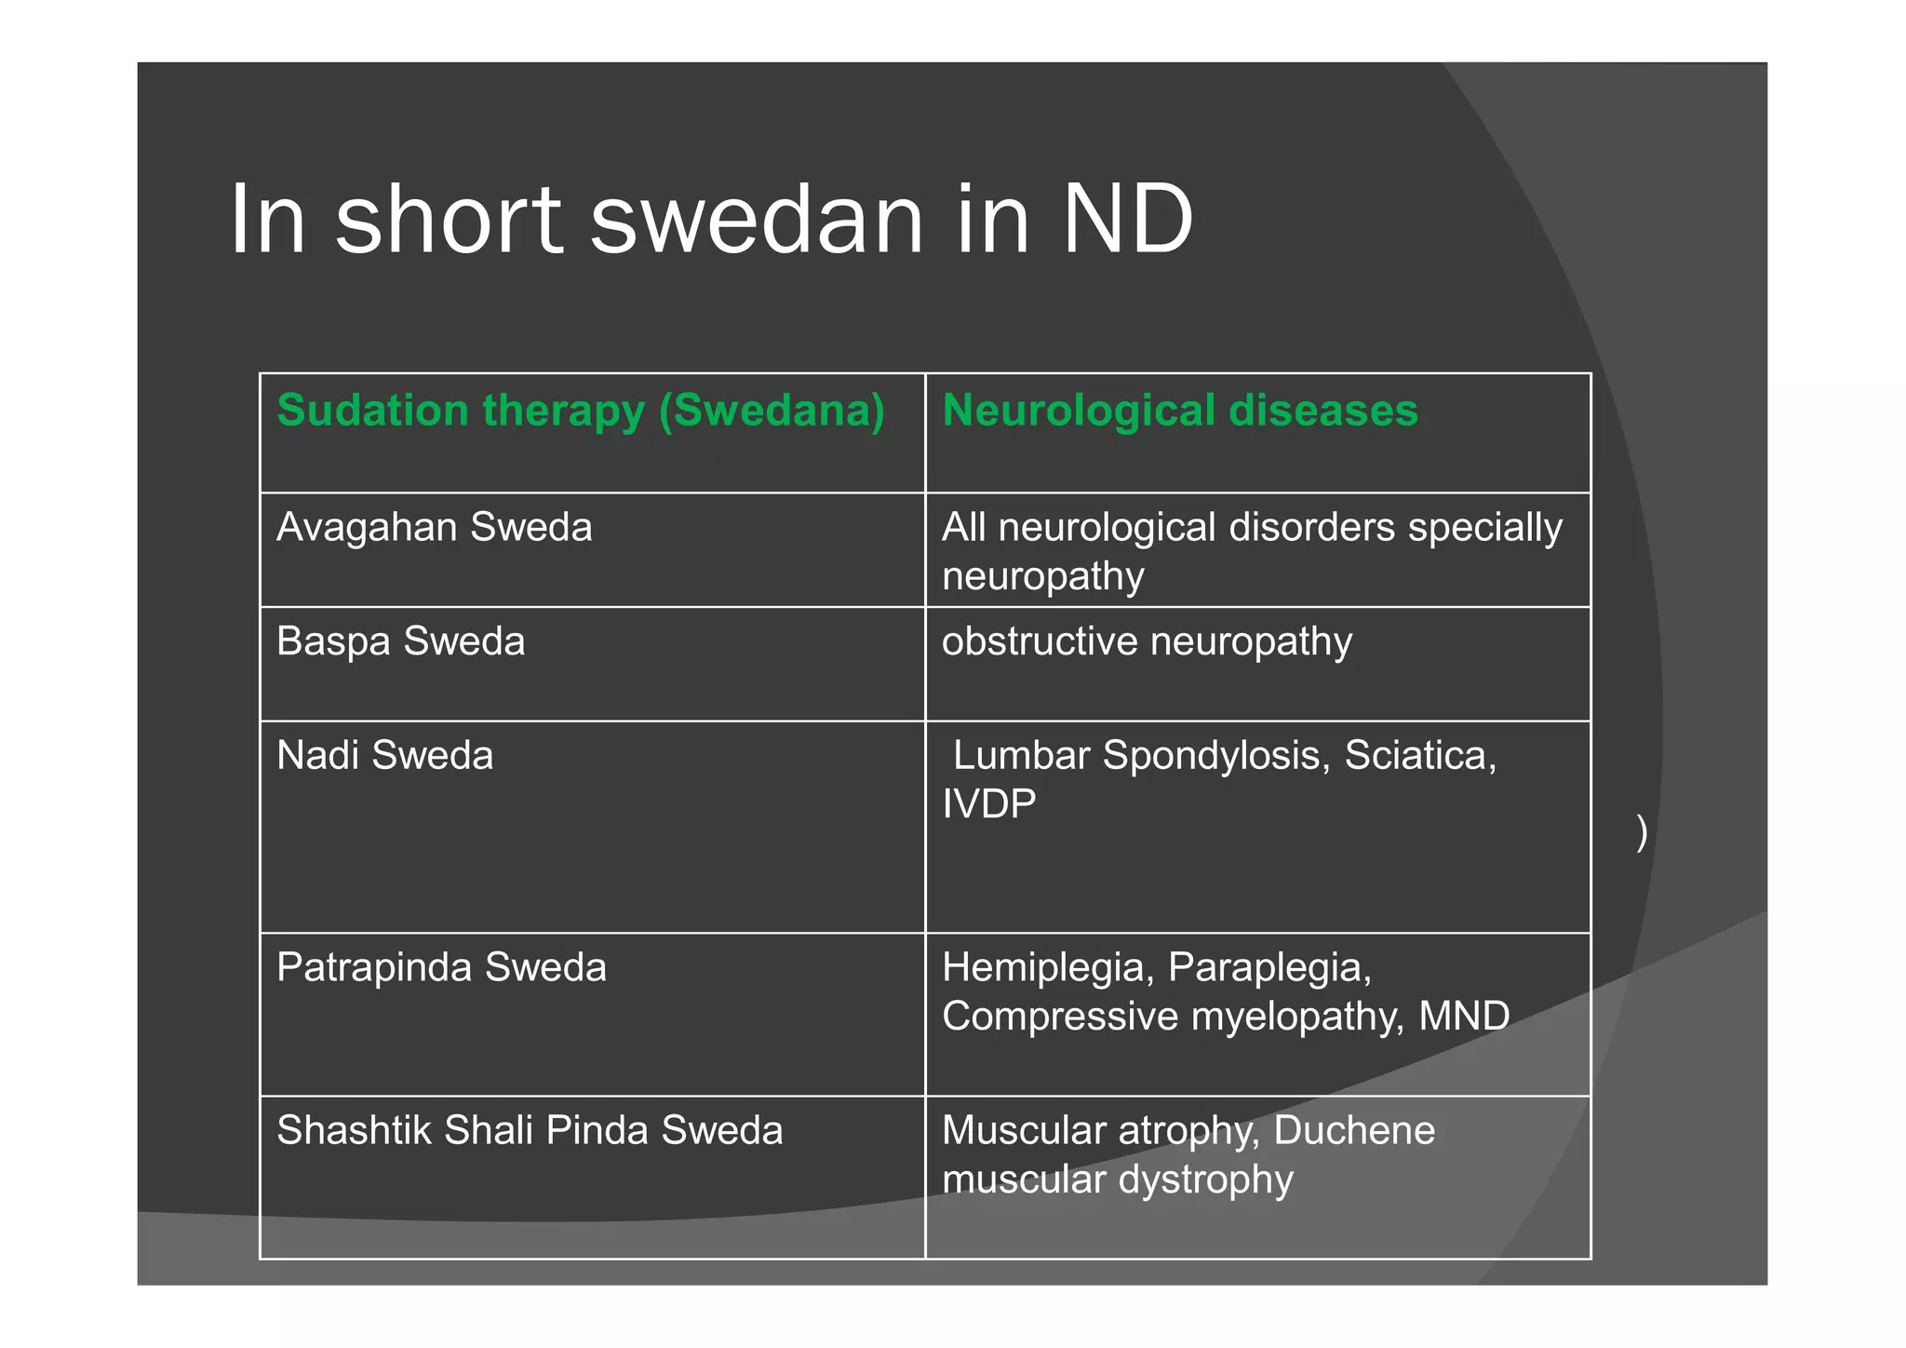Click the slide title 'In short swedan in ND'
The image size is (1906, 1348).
click(711, 220)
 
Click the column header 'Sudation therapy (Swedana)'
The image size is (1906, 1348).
click(581, 411)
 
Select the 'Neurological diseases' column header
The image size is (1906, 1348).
click(1180, 411)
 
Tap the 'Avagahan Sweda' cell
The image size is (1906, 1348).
click(435, 528)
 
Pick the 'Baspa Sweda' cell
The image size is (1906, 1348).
click(401, 641)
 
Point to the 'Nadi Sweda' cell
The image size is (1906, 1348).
click(385, 755)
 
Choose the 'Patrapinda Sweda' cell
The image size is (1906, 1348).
click(442, 967)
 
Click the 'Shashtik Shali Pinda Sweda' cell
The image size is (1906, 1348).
click(530, 1130)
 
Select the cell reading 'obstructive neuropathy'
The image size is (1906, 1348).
click(1147, 641)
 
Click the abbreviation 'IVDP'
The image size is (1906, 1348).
click(988, 804)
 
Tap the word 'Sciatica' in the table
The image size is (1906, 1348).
click(1420, 755)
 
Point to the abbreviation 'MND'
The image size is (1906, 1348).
click(1464, 1016)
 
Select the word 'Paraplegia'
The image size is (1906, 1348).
click(1269, 968)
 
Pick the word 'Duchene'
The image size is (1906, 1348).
click(1354, 1130)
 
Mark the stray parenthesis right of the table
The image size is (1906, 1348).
click(1642, 832)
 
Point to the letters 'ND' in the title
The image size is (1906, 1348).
click(1128, 220)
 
